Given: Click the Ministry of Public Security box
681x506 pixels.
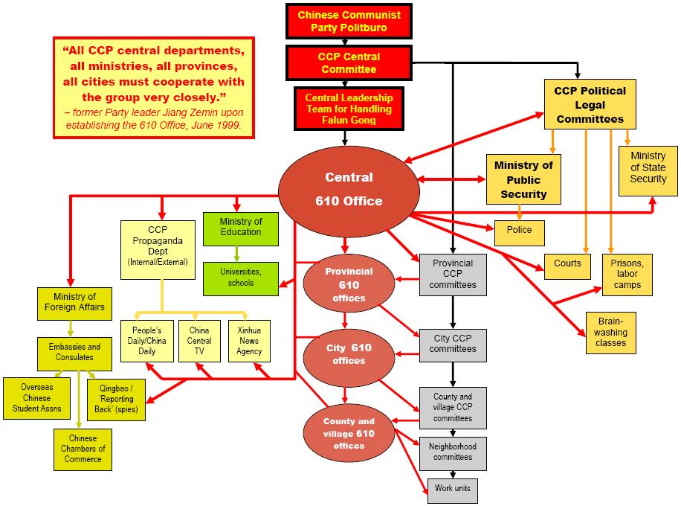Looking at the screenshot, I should coord(523,179).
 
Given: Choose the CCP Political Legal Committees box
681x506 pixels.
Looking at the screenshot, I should coord(589,104).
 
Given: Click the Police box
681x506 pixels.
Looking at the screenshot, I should coord(520,232).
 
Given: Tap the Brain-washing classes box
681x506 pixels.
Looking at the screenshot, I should coord(610,332).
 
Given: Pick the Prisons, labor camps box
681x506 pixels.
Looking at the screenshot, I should coord(627,275).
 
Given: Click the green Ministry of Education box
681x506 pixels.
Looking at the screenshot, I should coord(241,228).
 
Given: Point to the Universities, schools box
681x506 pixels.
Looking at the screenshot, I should coord(241,278).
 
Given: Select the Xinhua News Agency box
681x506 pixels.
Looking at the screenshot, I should coord(249,341).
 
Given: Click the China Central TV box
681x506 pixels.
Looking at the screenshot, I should coord(199,341).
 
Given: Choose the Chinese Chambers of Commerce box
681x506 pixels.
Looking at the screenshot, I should coord(83,448).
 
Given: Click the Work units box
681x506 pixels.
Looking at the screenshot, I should coord(452,490).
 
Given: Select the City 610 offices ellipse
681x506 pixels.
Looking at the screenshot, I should coord(349,354).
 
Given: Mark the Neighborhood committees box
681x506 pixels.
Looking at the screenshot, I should coord(452,451).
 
